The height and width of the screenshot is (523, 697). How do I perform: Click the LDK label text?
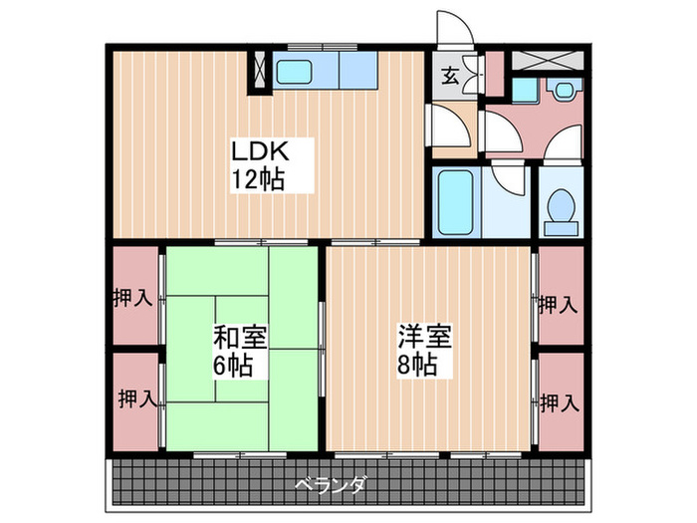(260, 153)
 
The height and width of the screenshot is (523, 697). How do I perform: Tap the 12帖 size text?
(260, 180)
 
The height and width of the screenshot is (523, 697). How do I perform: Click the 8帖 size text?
(419, 364)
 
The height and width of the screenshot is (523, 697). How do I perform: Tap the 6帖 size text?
(232, 364)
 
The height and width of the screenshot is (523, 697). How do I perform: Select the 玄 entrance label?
(450, 74)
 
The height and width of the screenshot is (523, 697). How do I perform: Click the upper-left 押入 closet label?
(131, 298)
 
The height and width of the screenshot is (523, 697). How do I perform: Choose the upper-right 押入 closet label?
(559, 305)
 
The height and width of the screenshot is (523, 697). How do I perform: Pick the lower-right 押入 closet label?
(560, 402)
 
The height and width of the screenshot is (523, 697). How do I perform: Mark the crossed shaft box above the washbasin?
(550, 57)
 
